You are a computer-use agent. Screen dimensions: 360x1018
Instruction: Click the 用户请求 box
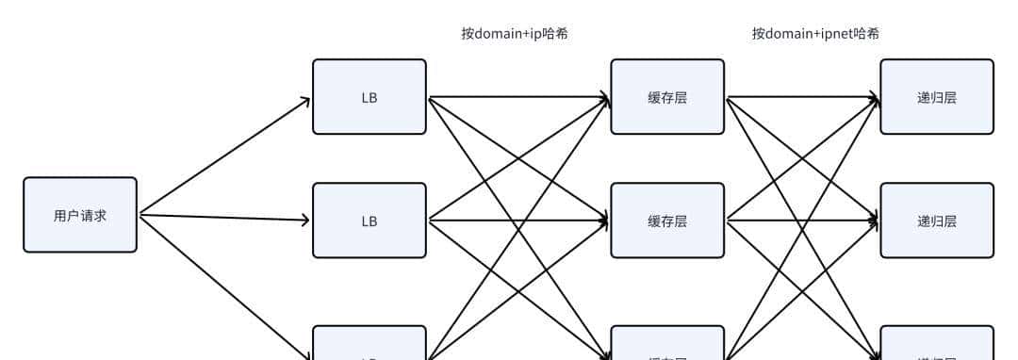tap(80, 215)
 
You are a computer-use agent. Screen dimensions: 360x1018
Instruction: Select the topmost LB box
tap(369, 96)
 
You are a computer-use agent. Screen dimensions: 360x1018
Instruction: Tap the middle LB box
tap(369, 221)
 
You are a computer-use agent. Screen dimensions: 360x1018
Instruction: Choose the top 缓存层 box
tap(667, 96)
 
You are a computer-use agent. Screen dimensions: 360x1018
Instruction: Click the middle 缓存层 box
tap(667, 221)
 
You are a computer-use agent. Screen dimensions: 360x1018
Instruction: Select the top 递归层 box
tap(937, 96)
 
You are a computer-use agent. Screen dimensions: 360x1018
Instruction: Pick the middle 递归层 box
tap(937, 221)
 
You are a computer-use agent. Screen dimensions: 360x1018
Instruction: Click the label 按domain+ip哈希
tap(514, 34)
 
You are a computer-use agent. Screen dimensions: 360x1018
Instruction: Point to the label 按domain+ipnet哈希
tap(815, 34)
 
